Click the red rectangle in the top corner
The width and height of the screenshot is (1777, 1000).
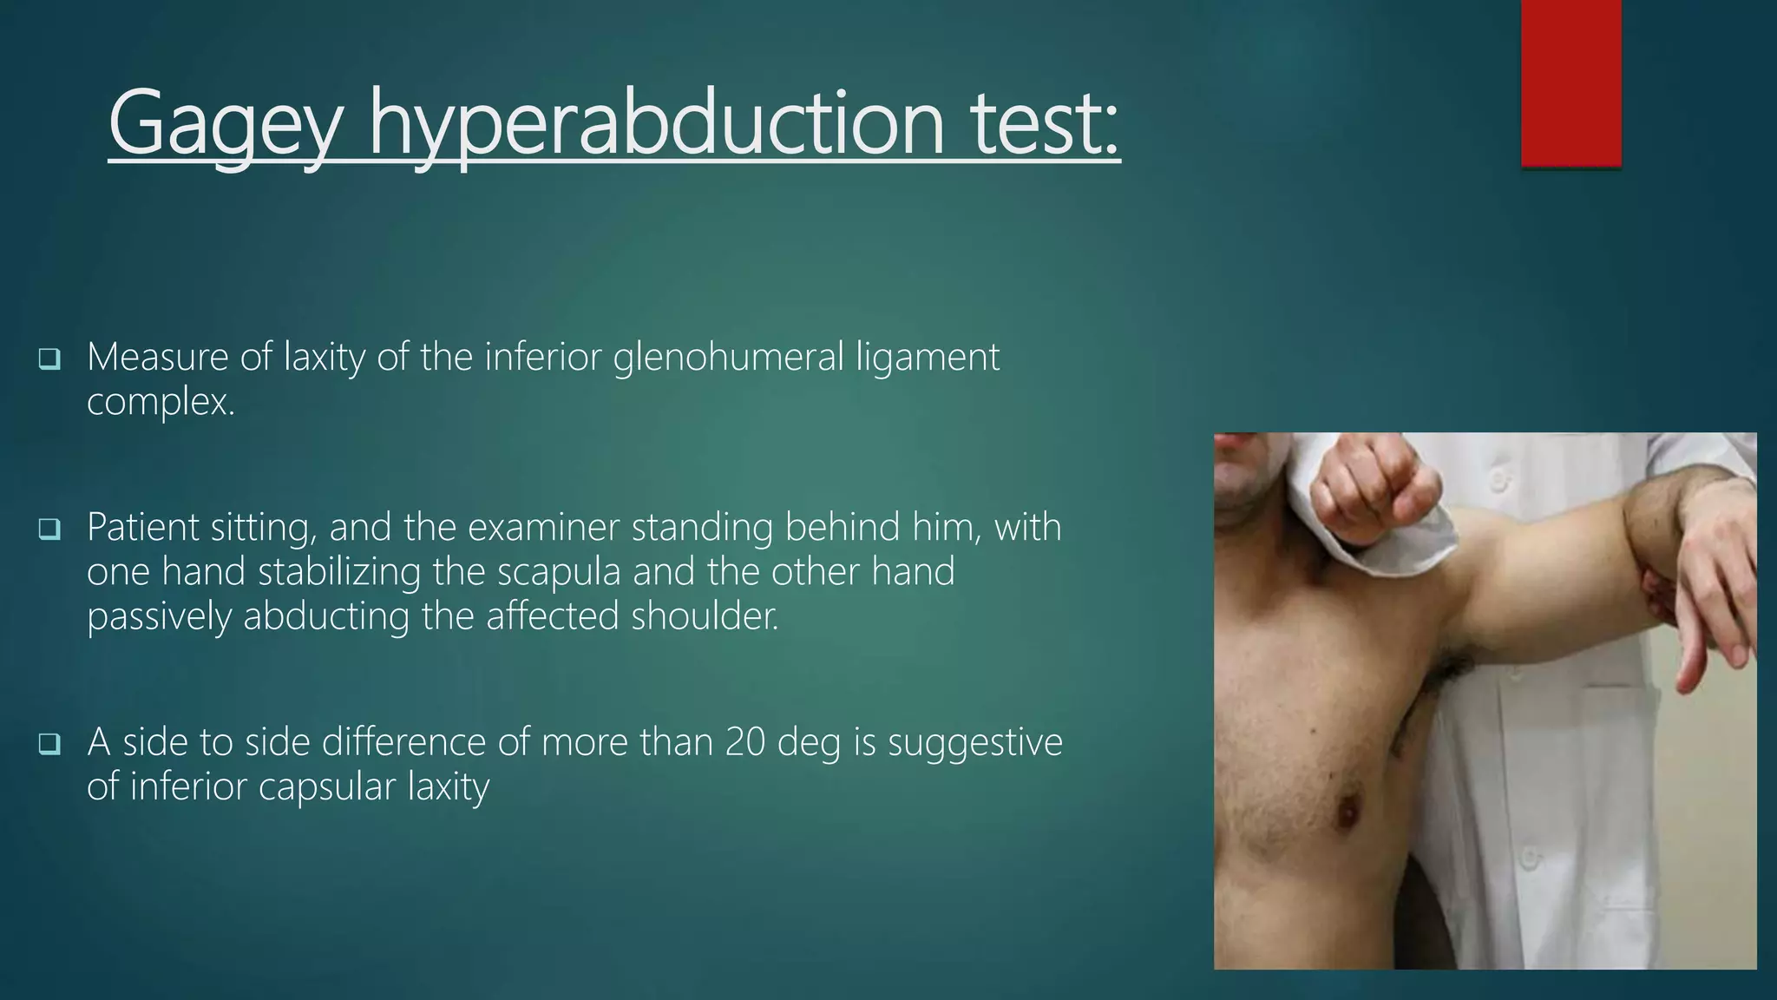coord(1570,82)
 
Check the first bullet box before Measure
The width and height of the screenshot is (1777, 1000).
coord(49,358)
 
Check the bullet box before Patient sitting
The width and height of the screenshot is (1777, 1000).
coord(49,528)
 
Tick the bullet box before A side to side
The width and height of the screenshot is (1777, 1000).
coord(49,743)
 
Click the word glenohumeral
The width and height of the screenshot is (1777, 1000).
coord(728,357)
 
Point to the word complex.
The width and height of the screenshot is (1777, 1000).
coord(161,402)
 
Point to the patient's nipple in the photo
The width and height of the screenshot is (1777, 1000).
coord(1348,813)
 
